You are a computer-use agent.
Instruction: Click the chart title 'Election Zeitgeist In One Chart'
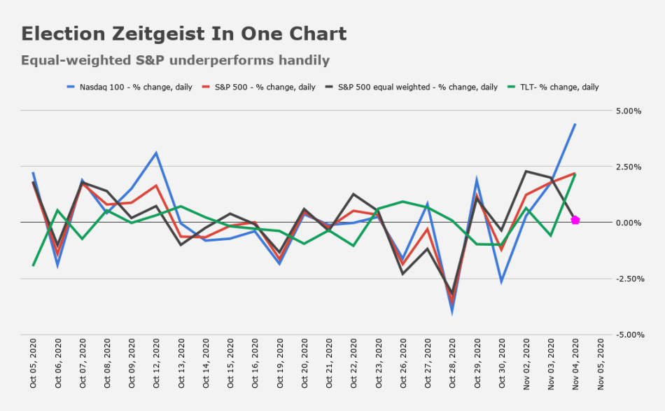pyautogui.click(x=183, y=34)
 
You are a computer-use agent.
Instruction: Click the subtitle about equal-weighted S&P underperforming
pyautogui.click(x=175, y=60)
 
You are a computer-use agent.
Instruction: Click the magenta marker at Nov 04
pyautogui.click(x=575, y=220)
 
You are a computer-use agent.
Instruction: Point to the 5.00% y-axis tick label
pyautogui.click(x=629, y=111)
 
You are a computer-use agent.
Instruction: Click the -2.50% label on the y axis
pyautogui.click(x=627, y=279)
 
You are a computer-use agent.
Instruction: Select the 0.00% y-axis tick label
pyautogui.click(x=629, y=223)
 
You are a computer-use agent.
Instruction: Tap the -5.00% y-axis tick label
pyautogui.click(x=627, y=335)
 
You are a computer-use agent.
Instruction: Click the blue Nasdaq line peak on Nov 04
pyautogui.click(x=575, y=124)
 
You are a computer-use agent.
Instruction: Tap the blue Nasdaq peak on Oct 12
pyautogui.click(x=157, y=153)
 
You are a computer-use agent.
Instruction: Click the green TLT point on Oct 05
pyautogui.click(x=34, y=265)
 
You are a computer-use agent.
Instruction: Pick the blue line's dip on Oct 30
pyautogui.click(x=502, y=281)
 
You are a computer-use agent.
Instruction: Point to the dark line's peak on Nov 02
pyautogui.click(x=526, y=171)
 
